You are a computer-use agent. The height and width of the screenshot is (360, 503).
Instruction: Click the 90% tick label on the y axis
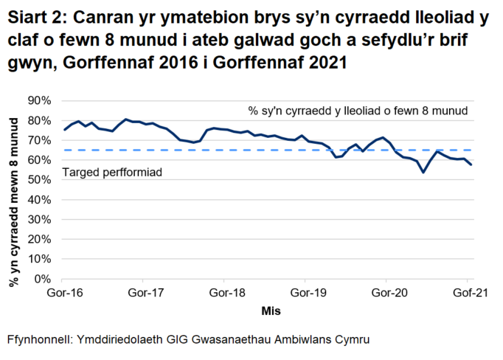point(39,100)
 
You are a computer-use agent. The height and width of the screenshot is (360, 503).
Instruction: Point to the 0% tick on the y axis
point(42,279)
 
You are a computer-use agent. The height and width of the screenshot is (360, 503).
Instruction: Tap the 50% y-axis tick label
point(39,179)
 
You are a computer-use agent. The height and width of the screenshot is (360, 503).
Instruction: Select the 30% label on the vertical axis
point(39,219)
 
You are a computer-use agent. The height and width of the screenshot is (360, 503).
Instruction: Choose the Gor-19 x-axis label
point(305,294)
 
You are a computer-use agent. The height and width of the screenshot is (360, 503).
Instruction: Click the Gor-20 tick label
point(386,294)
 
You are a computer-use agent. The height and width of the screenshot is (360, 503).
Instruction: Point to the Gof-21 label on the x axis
point(466,294)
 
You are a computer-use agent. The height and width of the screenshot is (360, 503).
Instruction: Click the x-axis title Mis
point(271,311)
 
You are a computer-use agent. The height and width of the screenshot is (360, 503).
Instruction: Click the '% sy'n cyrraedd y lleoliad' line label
point(358,111)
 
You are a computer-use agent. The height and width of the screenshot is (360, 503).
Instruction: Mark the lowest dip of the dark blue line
point(423,173)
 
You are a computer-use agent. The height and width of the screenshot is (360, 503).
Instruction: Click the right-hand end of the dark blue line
point(471,165)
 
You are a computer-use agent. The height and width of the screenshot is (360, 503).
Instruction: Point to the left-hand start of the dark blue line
point(64,130)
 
